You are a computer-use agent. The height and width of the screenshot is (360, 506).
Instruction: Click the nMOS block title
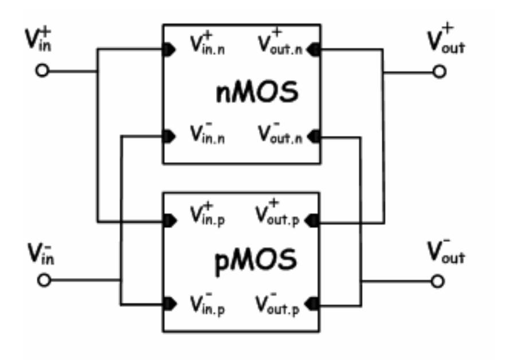(257, 92)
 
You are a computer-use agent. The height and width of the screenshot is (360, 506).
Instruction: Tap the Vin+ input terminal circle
(42, 71)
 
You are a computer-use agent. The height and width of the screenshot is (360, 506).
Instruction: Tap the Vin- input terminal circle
(44, 280)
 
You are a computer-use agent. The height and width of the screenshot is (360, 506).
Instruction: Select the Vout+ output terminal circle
(439, 71)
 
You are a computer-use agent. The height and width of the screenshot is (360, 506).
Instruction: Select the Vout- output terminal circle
(437, 281)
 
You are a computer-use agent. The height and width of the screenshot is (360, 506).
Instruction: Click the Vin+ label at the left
(38, 40)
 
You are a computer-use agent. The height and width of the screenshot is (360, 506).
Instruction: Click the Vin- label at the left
(41, 253)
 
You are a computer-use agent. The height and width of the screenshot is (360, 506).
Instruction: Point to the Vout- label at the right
(446, 251)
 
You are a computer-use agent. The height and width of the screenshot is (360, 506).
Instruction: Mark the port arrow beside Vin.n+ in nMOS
(169, 50)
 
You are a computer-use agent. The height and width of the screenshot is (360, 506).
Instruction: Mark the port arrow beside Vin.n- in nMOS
(169, 136)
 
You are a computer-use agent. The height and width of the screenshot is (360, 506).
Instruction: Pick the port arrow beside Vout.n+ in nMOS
(313, 50)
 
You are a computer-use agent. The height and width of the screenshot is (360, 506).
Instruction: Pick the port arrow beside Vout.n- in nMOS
(313, 136)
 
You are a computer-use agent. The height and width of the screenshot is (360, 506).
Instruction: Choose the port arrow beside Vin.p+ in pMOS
(170, 221)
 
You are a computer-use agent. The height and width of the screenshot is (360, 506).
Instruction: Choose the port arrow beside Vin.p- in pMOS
(170, 304)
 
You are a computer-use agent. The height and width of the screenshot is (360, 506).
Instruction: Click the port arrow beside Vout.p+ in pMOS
(312, 221)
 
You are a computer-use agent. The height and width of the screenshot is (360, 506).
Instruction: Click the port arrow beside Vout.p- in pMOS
(312, 304)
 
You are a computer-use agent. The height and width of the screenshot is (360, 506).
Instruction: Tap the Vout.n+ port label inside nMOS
(280, 42)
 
